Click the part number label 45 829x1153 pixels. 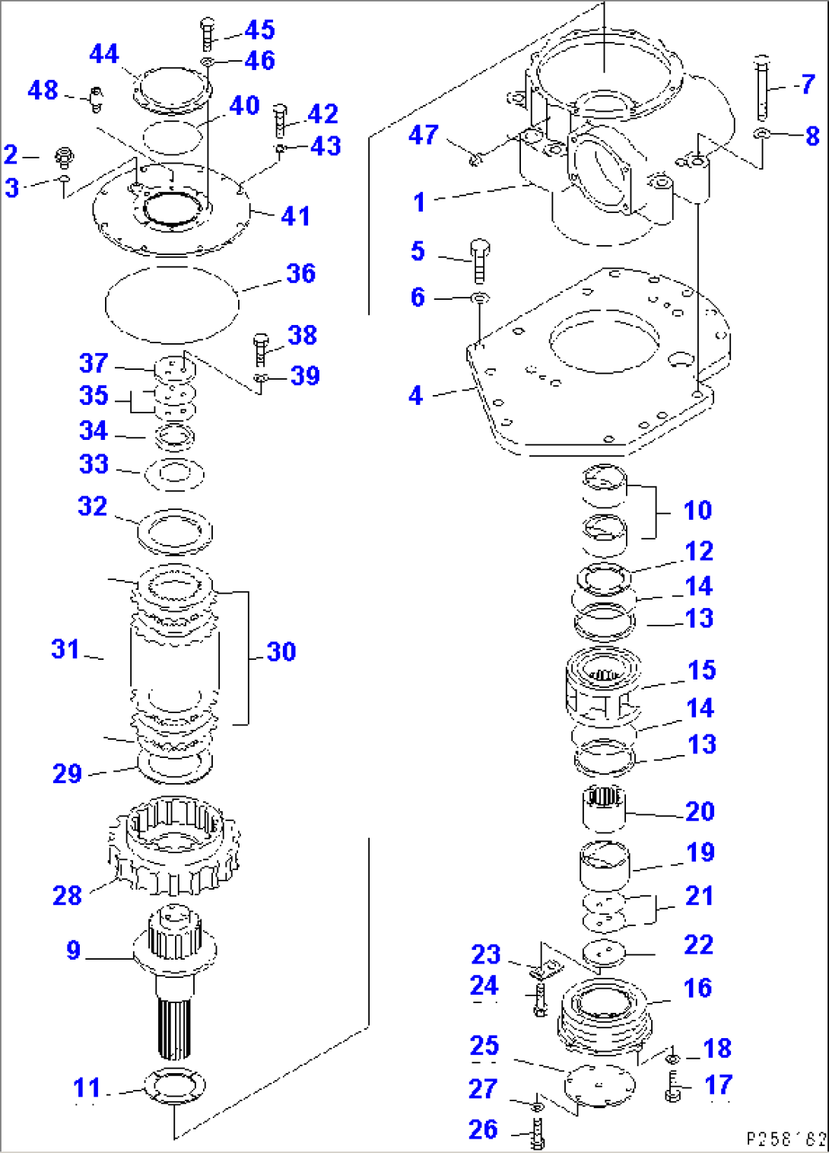tap(259, 30)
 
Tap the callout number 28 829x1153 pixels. tap(67, 895)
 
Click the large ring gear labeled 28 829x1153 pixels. tap(175, 845)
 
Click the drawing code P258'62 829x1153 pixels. tap(785, 1139)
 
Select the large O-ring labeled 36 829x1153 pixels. tap(172, 304)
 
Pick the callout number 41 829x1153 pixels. tap(295, 216)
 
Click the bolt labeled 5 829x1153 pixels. tap(479, 261)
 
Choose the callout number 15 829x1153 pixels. tap(701, 670)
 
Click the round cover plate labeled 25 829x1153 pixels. tap(599, 1081)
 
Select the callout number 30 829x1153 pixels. tap(281, 651)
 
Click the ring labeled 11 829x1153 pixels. tap(175, 1086)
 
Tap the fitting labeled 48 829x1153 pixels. tap(95, 97)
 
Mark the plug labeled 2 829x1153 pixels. tap(65, 158)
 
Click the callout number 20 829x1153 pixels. tap(700, 811)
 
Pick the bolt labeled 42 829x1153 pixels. tap(280, 121)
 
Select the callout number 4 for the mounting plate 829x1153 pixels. tap(415, 396)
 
